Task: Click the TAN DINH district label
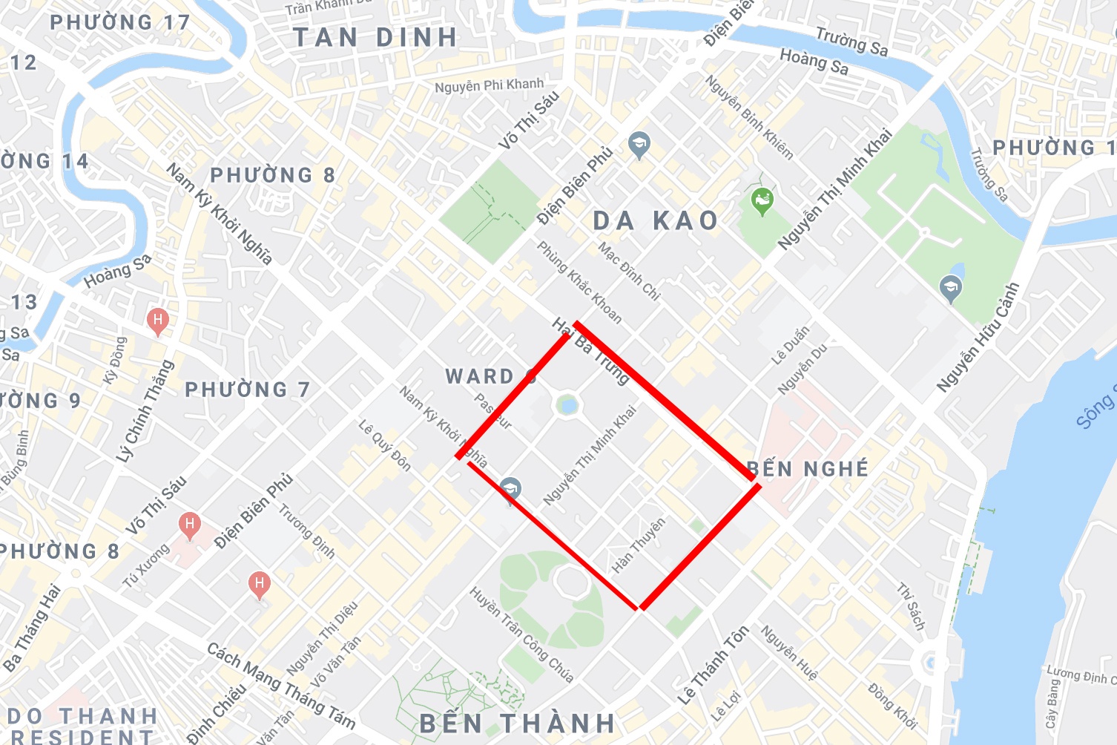(375, 38)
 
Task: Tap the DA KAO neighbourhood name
(656, 220)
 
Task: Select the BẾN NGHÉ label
(808, 469)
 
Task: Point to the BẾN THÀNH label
(518, 723)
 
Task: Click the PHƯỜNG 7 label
(247, 390)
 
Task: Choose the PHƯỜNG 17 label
(120, 22)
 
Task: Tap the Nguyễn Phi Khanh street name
(489, 85)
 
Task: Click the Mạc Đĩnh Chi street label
(629, 271)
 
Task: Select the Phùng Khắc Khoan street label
(579, 282)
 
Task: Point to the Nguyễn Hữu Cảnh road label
(978, 338)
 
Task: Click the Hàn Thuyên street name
(639, 545)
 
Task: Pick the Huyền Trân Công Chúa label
(521, 634)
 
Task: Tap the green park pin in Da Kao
(762, 200)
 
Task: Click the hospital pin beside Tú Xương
(190, 525)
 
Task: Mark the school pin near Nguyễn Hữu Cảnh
(950, 287)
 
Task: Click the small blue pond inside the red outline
(567, 405)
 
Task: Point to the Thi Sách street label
(912, 606)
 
